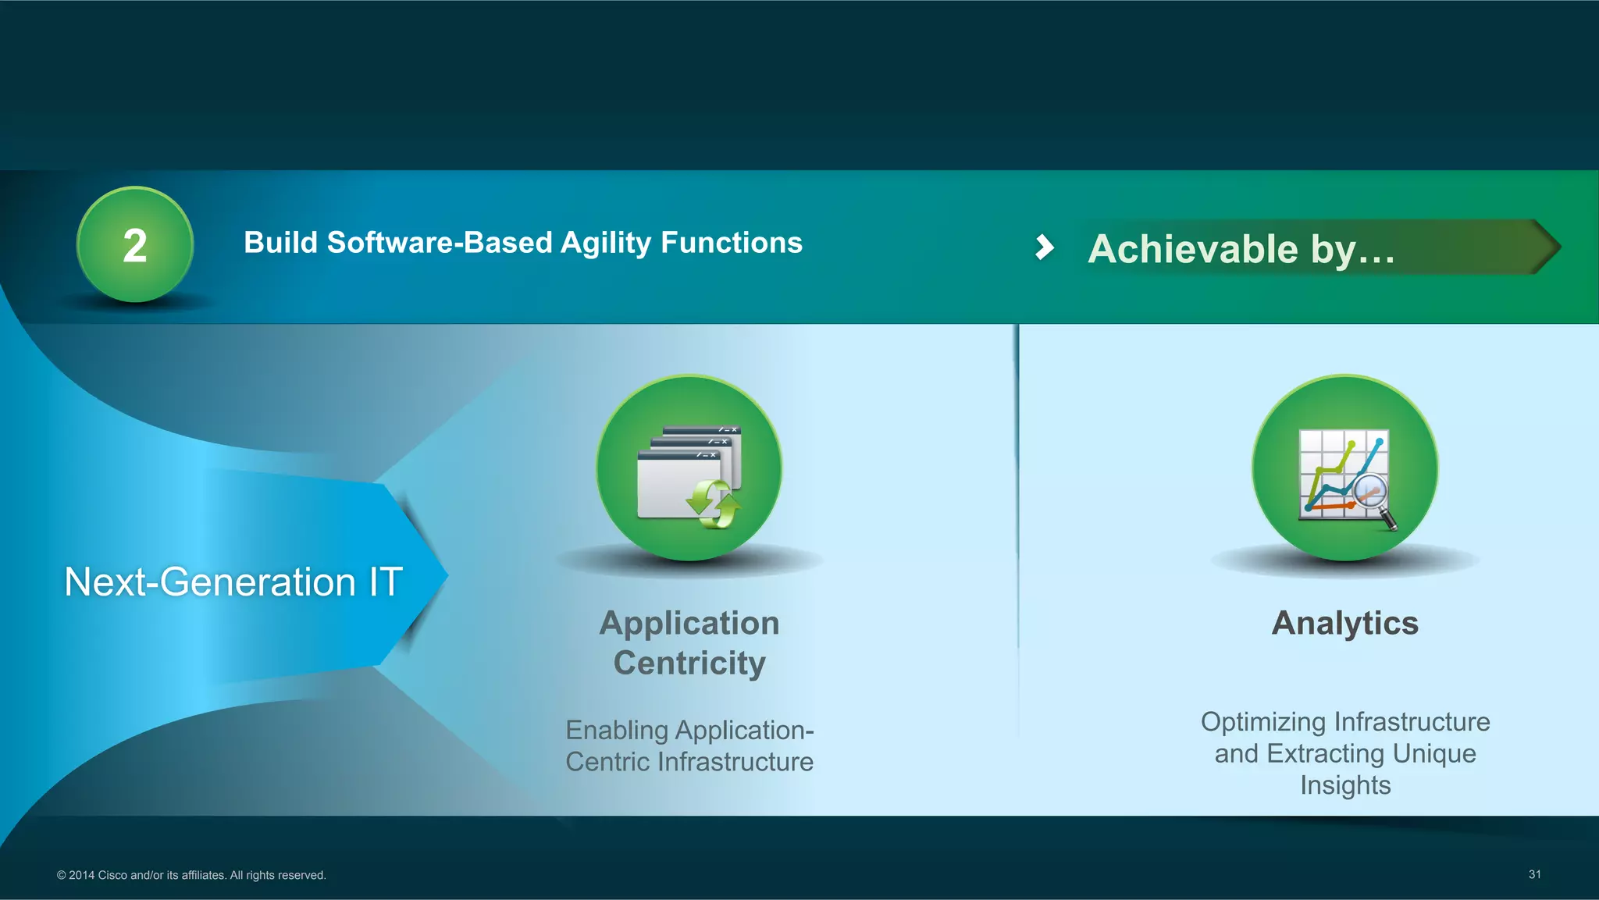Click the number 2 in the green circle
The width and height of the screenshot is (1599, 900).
(135, 246)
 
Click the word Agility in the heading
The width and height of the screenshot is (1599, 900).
(605, 244)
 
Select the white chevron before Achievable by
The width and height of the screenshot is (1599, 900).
(1044, 247)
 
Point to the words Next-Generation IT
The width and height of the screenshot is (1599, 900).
(233, 582)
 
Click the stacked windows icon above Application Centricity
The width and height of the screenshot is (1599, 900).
(687, 472)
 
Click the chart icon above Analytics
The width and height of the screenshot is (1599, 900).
(1344, 474)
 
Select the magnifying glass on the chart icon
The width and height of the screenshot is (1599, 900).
(1374, 500)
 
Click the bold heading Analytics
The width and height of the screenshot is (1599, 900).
(1344, 624)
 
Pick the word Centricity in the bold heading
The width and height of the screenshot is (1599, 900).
(689, 663)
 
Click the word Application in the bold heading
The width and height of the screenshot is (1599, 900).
(689, 624)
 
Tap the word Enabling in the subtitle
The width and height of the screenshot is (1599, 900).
(616, 731)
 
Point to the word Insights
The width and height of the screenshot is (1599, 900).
(1344, 785)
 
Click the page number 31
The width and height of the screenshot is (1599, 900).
(1534, 874)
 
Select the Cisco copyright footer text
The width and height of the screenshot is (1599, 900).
(191, 875)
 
